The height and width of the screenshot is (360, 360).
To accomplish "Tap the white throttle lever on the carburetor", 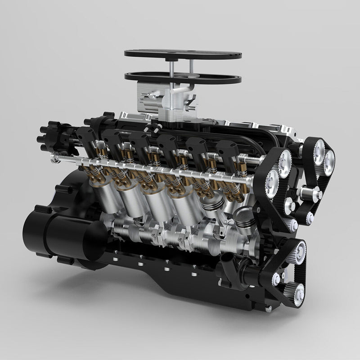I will point(148,96).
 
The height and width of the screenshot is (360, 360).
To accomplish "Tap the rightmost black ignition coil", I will point(227,151).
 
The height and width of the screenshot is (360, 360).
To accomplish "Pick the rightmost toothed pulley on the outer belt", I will point(328,157).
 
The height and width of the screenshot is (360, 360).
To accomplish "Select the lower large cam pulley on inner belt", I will point(272,182).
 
